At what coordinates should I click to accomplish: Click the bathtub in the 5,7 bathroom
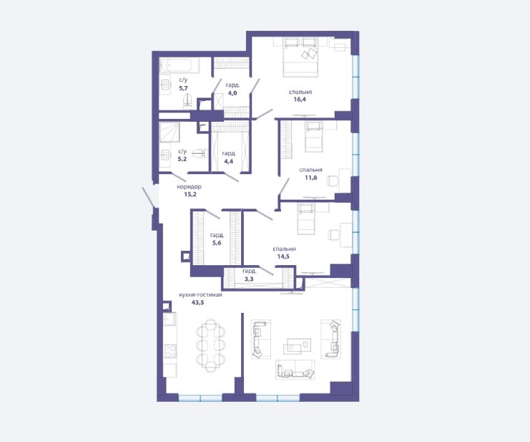coord(179,66)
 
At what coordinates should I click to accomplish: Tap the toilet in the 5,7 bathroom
coord(187,102)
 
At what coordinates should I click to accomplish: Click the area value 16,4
coord(300,100)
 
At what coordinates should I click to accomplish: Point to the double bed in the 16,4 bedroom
coord(300,57)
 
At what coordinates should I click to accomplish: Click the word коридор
coord(190,187)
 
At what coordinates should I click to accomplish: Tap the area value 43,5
coord(197,302)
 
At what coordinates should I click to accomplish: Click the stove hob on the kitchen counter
coord(170,351)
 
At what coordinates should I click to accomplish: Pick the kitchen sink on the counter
coord(170,320)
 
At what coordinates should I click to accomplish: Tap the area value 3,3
coord(249,279)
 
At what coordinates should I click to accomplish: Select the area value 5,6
coord(217,243)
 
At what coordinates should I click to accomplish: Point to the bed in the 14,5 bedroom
coord(306,218)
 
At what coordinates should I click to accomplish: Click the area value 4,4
coord(228,161)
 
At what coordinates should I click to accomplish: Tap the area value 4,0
coord(232,93)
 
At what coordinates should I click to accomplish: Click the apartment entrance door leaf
coord(149,196)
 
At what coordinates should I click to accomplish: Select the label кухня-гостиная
coord(200,294)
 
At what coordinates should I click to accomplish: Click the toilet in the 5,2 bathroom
coord(200,154)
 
